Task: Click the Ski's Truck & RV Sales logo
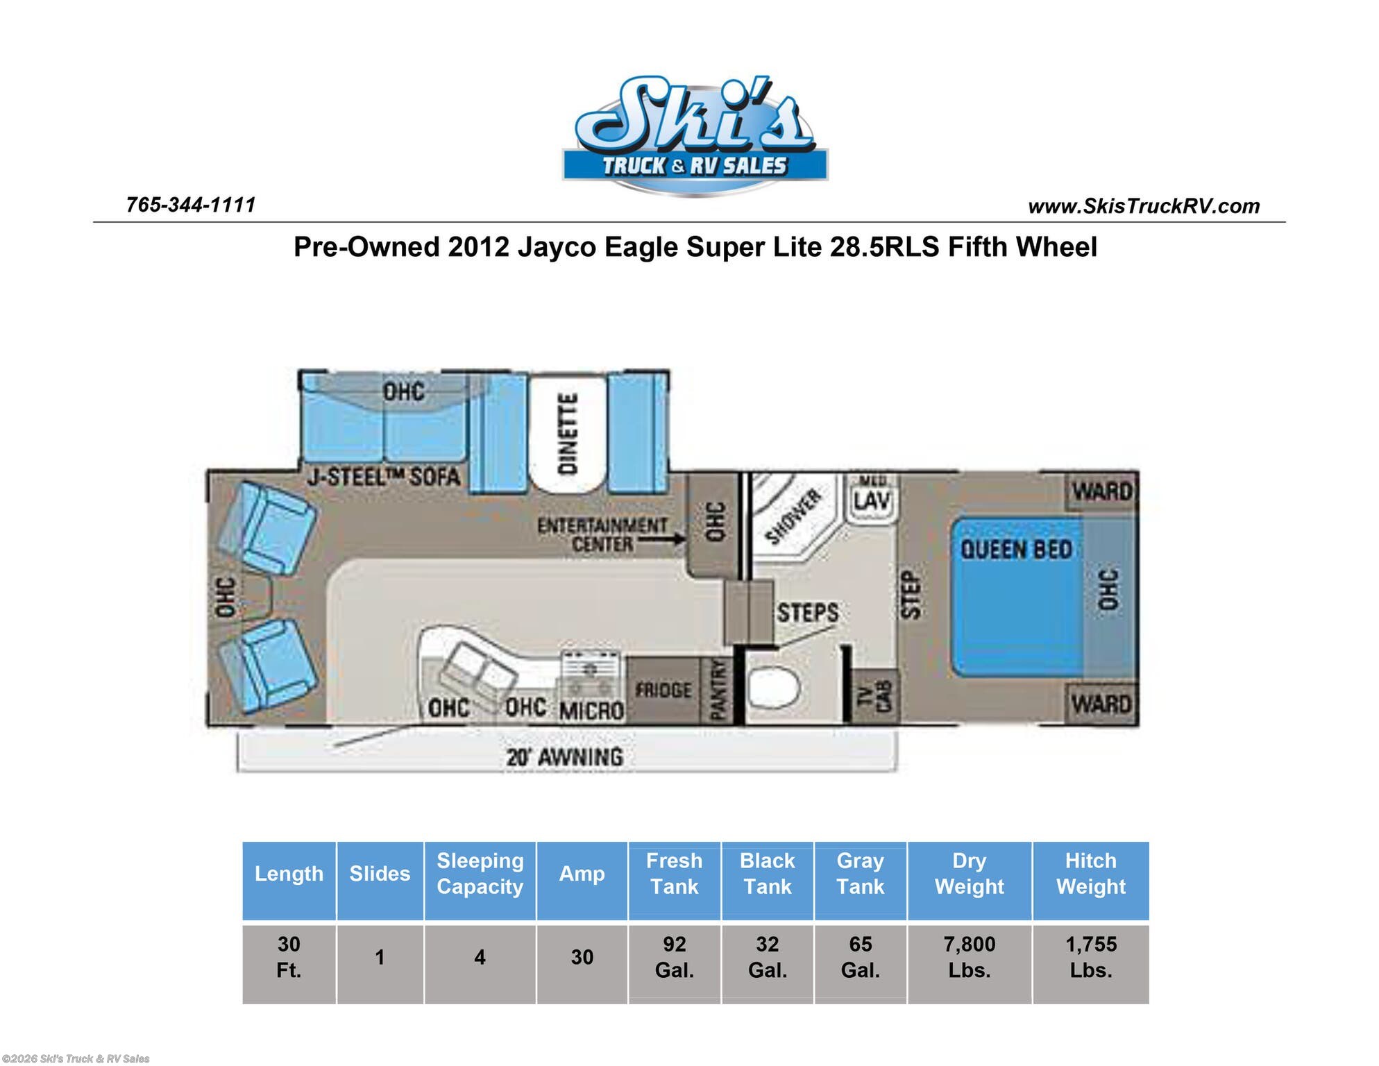pos(695,136)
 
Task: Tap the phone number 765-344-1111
pos(191,205)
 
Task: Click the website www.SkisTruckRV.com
pos(1143,206)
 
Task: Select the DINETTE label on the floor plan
pos(568,434)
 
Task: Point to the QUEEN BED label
pos(1016,550)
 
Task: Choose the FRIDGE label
pos(663,690)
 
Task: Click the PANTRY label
pos(718,690)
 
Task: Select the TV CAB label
pos(874,695)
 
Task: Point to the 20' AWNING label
pos(564,756)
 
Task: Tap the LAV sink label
pos(871,500)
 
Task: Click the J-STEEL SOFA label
pos(384,477)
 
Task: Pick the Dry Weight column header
pos(969,873)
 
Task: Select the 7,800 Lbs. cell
pos(969,956)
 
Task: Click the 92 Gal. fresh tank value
pos(674,956)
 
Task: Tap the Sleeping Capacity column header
pos(480,873)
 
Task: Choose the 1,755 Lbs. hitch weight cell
pos(1090,956)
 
